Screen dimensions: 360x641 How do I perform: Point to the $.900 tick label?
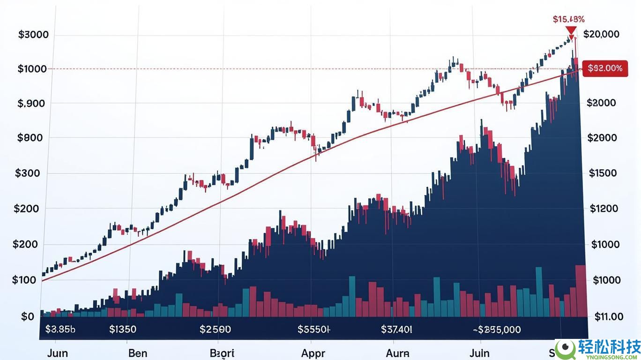coord(31,104)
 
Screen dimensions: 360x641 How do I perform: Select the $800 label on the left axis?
coord(31,138)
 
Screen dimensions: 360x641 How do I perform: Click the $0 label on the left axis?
coord(28,316)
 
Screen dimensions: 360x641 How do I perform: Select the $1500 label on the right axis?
coord(603,173)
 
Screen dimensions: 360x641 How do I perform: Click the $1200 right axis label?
coord(604,209)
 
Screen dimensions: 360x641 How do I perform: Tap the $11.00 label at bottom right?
coord(609,317)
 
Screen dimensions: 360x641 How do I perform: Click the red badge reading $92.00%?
coord(604,68)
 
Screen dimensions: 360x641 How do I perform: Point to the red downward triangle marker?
coord(571,31)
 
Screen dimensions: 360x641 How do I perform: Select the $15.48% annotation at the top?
coord(568,19)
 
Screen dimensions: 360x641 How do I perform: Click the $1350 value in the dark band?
coord(122,330)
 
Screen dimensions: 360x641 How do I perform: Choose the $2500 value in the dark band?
coord(215,330)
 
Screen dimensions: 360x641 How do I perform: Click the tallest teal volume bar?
coord(539,292)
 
